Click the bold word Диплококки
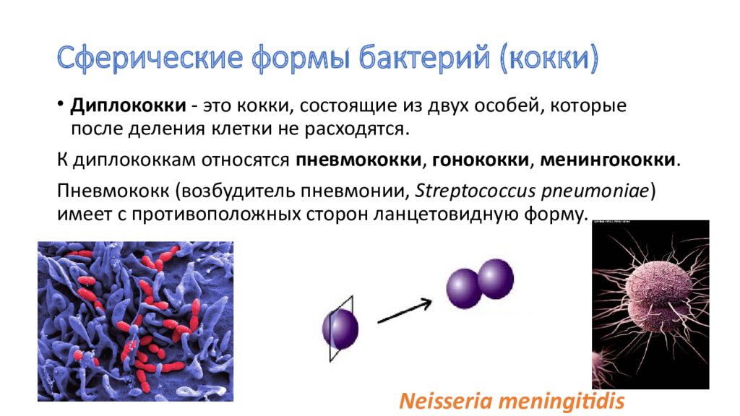pyautogui.click(x=127, y=107)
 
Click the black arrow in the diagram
pyautogui.click(x=405, y=308)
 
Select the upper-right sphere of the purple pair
pyautogui.click(x=496, y=277)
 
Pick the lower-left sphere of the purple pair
pyautogui.click(x=464, y=287)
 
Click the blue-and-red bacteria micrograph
pyautogui.click(x=135, y=321)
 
